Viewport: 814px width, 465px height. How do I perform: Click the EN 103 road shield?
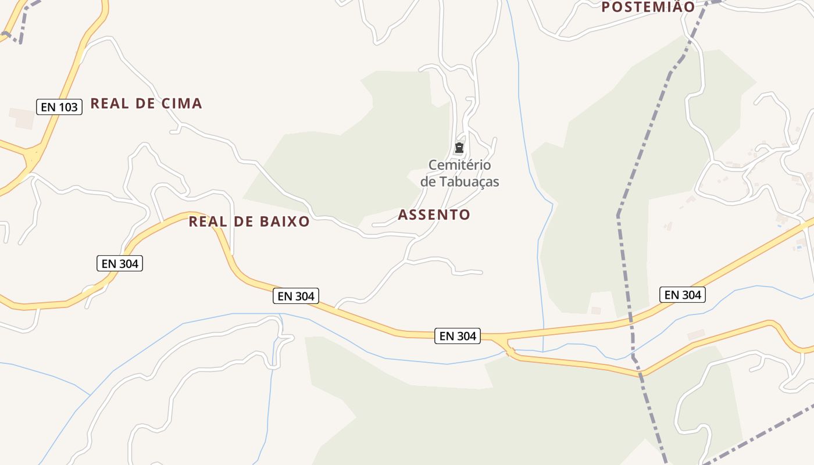click(59, 107)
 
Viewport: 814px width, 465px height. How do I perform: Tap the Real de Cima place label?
click(146, 104)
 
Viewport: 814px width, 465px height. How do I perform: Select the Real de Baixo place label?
click(249, 221)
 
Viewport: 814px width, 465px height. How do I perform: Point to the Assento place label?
click(434, 215)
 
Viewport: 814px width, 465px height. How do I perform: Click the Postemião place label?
click(648, 7)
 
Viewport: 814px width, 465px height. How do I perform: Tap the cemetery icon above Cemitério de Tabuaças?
click(459, 148)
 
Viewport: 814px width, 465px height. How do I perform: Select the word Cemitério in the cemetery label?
click(459, 165)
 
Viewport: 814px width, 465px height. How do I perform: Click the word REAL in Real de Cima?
click(109, 104)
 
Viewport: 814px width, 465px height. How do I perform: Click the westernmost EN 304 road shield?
click(119, 263)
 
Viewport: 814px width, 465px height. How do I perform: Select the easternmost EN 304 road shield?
click(683, 295)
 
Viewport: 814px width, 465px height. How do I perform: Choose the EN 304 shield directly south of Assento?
click(458, 336)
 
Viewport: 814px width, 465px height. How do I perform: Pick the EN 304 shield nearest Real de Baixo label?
click(296, 296)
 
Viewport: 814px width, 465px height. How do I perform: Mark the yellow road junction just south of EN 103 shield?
click(32, 156)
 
